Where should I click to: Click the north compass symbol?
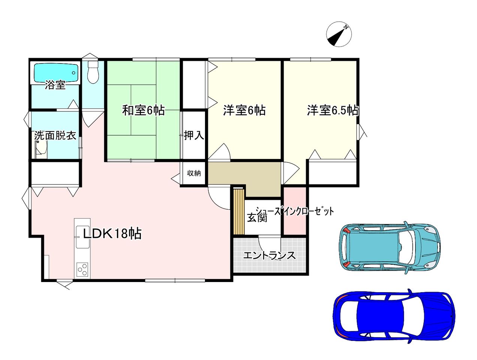tap(339, 34)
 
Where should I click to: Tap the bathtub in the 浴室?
tap(56, 73)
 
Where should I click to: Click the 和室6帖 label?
tap(143, 110)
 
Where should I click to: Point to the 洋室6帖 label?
tap(244, 110)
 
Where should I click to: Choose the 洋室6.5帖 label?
tap(332, 110)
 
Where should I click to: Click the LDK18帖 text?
tap(112, 233)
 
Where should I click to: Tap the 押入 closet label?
tap(194, 135)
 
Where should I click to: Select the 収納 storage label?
tap(194, 173)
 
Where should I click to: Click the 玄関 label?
tap(257, 217)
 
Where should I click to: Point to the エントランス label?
tap(269, 256)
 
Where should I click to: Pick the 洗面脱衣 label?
tap(55, 136)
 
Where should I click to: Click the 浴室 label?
tap(55, 85)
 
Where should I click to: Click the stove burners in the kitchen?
tap(82, 270)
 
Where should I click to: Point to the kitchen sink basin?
tap(82, 237)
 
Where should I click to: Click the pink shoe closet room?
tap(295, 211)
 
